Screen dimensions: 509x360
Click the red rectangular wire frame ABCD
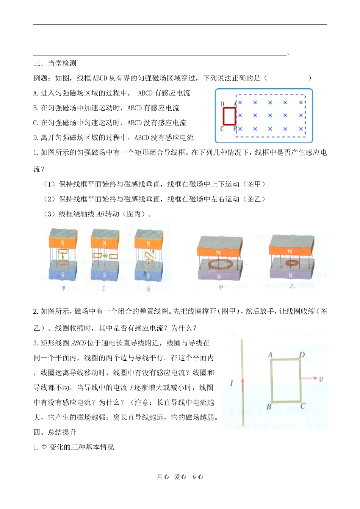[x=229, y=116]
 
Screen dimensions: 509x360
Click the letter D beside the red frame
[x=222, y=104]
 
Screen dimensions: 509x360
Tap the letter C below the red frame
[x=222, y=129]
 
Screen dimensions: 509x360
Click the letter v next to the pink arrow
[x=321, y=379]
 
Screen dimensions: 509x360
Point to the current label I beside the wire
[x=232, y=383]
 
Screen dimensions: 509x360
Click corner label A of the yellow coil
[x=270, y=355]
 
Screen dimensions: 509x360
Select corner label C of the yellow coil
[x=303, y=406]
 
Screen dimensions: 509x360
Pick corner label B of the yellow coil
[x=269, y=407]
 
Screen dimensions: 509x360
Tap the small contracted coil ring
[x=292, y=262]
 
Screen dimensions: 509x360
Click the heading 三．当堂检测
[x=55, y=63]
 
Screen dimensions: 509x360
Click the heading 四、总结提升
[x=55, y=432]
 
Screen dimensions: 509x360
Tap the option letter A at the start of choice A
[x=36, y=93]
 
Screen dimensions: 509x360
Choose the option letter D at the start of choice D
[x=36, y=138]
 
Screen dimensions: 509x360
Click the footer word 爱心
[x=180, y=477]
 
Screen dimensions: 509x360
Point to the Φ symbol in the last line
[x=44, y=447]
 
